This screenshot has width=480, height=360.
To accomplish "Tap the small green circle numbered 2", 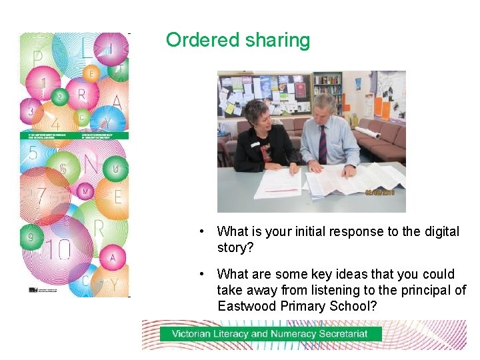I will [x=60, y=97].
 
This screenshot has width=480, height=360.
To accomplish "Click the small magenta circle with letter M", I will [x=85, y=191].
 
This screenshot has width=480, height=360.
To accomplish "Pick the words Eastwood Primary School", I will [x=297, y=306].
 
